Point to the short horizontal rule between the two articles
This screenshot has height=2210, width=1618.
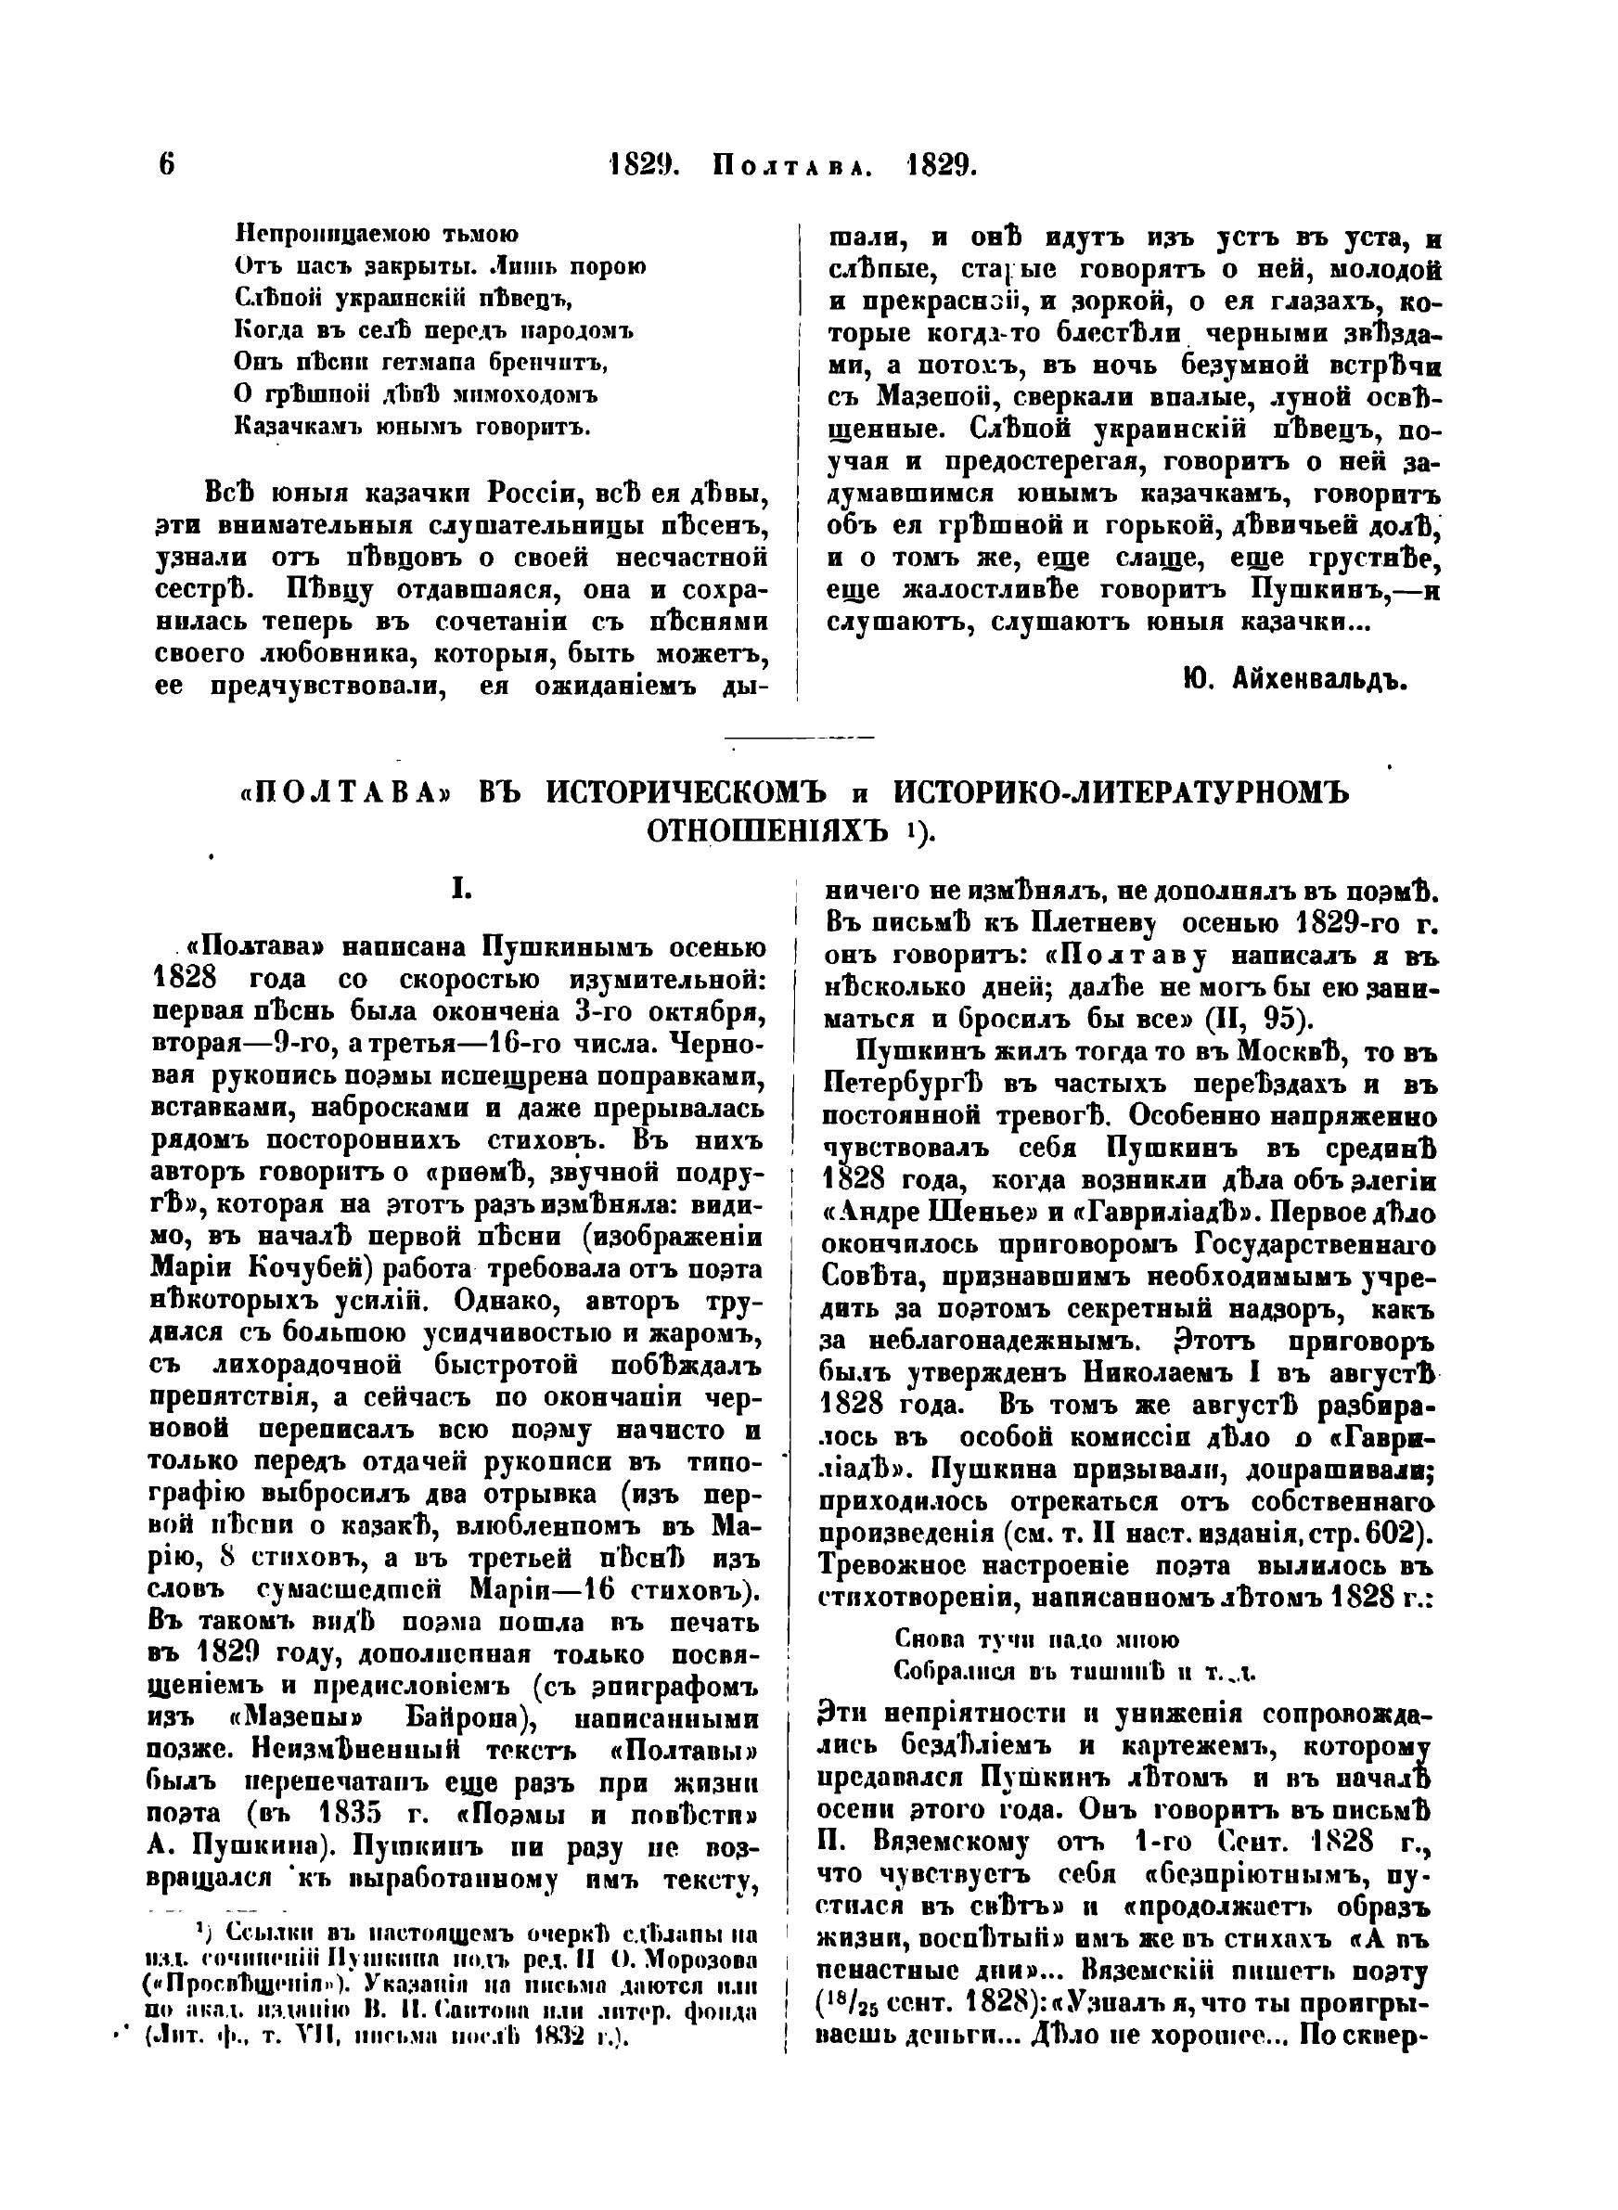(x=800, y=738)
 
